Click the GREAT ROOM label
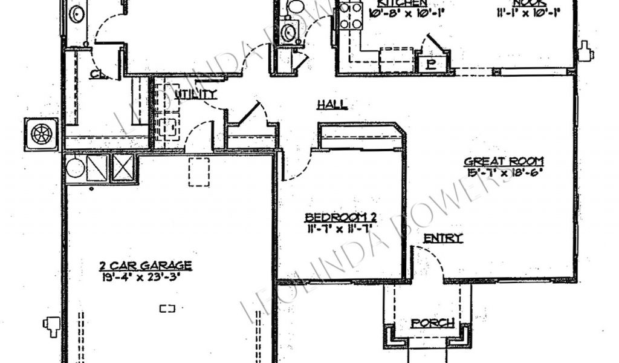click(504, 162)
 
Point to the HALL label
click(332, 105)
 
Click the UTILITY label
click(195, 94)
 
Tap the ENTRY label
click(443, 238)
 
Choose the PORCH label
click(432, 323)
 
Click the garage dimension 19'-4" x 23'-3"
click(146, 278)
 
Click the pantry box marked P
click(432, 64)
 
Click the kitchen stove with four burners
click(350, 17)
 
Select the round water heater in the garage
click(75, 168)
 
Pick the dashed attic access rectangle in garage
click(199, 172)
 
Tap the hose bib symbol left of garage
click(51, 325)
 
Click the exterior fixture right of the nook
click(585, 52)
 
